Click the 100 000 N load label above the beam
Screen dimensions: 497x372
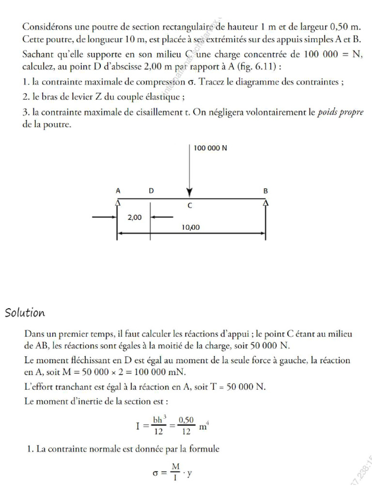click(210, 148)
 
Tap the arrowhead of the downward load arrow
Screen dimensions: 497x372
click(189, 192)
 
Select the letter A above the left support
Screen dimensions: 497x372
click(118, 191)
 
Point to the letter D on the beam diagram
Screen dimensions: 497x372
click(151, 191)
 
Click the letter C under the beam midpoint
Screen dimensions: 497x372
click(190, 206)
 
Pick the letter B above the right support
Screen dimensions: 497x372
click(265, 191)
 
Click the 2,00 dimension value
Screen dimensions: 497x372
click(134, 217)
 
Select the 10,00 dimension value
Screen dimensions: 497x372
click(191, 227)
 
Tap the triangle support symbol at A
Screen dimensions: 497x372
click(117, 202)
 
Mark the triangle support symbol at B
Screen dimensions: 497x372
click(265, 202)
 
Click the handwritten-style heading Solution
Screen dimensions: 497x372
click(25, 313)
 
